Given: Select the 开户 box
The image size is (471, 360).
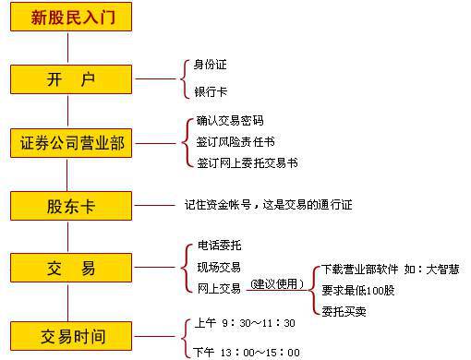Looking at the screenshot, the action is (x=71, y=79).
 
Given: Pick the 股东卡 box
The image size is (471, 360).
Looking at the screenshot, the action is (x=71, y=205).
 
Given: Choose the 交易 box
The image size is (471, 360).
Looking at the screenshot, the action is (x=71, y=269).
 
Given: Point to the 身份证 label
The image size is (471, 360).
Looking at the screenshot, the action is (x=211, y=66).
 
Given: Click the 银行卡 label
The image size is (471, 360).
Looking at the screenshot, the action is (x=211, y=92).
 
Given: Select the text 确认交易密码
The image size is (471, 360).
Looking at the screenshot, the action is (x=230, y=121).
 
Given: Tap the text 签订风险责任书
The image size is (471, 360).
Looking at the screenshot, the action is (x=235, y=142).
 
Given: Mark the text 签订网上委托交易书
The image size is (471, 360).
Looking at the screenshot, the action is (x=247, y=163).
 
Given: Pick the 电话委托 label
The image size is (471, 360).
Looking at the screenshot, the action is (x=219, y=247).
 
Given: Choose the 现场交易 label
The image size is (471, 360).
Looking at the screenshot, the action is (x=219, y=268).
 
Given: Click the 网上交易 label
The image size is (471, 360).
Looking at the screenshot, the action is (x=219, y=288).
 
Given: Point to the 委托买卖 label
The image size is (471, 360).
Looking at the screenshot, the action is (x=344, y=310).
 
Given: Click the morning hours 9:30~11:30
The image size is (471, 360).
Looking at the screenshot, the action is (x=246, y=323).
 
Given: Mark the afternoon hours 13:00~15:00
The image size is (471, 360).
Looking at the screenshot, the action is (x=247, y=352).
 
